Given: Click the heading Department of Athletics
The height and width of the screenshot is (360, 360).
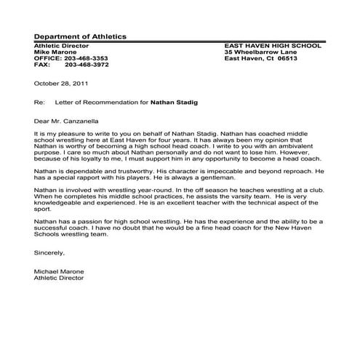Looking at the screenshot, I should (x=80, y=36).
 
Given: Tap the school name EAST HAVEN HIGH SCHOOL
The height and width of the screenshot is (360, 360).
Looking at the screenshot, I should (x=273, y=45).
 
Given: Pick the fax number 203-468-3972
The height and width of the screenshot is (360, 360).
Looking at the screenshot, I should (x=87, y=64).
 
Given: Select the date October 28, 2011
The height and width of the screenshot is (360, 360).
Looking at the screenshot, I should (x=61, y=83).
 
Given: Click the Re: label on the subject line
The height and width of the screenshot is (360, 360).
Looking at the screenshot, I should (x=39, y=103).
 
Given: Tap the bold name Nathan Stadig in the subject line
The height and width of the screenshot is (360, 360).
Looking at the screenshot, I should (x=174, y=103).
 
